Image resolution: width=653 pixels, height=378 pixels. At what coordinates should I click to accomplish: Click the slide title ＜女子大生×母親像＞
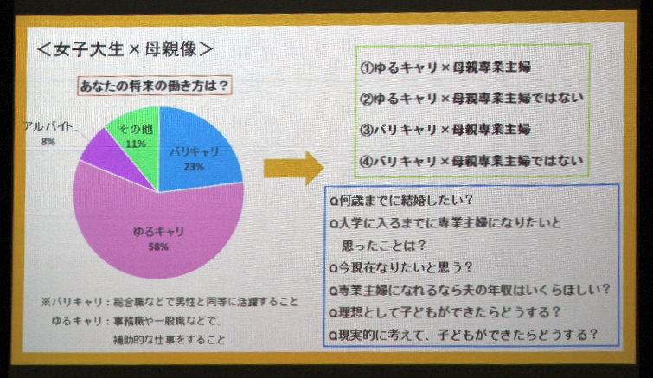tap(125, 49)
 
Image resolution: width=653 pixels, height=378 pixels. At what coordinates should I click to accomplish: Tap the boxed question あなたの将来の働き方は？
tap(155, 86)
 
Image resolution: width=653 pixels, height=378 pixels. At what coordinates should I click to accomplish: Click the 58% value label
tap(158, 247)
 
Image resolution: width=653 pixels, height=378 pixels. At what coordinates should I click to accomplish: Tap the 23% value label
tap(194, 167)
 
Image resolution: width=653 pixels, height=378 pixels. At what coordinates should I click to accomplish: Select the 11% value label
tap(136, 144)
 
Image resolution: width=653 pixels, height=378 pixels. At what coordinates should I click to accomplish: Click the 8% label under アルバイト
tap(48, 142)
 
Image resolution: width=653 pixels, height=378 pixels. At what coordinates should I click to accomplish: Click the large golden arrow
tap(293, 168)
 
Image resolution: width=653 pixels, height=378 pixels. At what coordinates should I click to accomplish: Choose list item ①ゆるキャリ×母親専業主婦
tap(445, 67)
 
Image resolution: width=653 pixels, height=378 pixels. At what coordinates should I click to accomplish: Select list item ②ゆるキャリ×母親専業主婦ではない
tap(471, 99)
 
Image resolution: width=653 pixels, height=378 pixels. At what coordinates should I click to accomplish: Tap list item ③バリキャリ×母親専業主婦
tap(445, 130)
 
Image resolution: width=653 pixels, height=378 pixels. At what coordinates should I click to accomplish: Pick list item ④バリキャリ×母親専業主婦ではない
tap(471, 161)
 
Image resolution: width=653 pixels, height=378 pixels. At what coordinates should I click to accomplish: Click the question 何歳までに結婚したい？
tap(401, 201)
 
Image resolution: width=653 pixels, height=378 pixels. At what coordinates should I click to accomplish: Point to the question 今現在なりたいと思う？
tap(400, 267)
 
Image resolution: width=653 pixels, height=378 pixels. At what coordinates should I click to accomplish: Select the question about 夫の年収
tap(470, 290)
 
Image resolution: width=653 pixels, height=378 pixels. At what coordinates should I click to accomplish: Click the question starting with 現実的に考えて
tap(463, 334)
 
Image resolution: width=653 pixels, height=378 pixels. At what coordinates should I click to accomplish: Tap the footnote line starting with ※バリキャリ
tap(169, 302)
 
